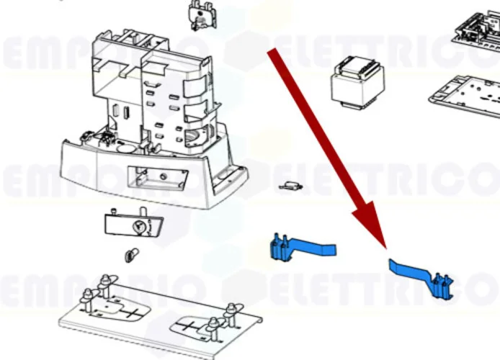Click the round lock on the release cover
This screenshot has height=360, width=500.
click(138, 226)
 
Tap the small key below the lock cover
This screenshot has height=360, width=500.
click(131, 254)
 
